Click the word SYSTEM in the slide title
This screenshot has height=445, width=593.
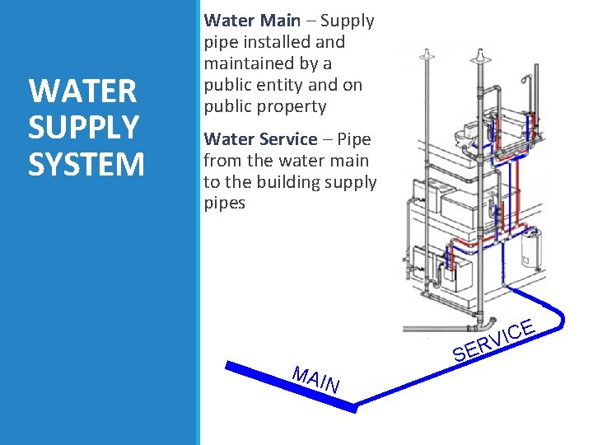(x=86, y=163)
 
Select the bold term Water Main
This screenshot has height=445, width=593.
(x=252, y=21)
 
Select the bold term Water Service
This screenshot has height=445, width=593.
(x=260, y=139)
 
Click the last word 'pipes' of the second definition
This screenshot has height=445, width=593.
(x=225, y=203)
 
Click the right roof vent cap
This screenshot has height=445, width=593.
(x=478, y=60)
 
